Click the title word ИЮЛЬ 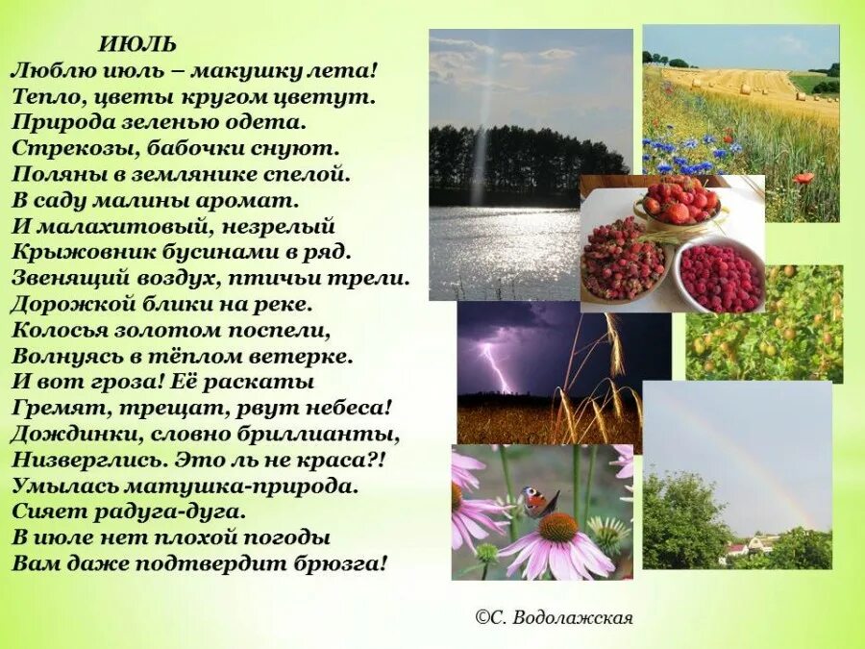click(137, 45)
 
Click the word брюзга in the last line click(341, 563)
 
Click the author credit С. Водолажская click(556, 617)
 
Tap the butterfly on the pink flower click(538, 500)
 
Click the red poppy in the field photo click(803, 178)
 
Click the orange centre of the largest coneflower click(558, 527)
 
